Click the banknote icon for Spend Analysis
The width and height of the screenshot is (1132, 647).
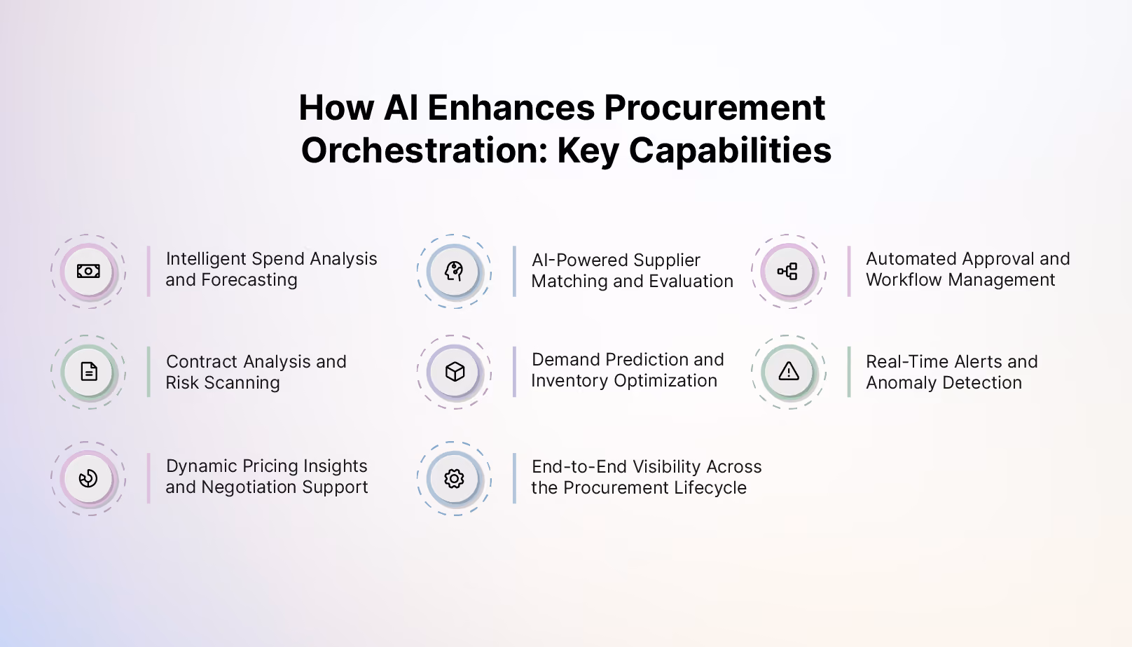pyautogui.click(x=88, y=271)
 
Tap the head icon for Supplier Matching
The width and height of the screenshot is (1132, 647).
pyautogui.click(x=454, y=271)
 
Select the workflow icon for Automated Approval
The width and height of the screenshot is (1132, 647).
pyautogui.click(x=787, y=271)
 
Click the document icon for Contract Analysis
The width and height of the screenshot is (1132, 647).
pyautogui.click(x=89, y=372)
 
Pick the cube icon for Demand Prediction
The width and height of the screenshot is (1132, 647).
pyautogui.click(x=455, y=372)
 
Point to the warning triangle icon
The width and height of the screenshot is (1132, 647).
pyautogui.click(x=788, y=371)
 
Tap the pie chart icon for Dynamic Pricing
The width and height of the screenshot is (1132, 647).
pyautogui.click(x=88, y=478)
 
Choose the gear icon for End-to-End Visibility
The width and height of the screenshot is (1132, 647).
pyautogui.click(x=454, y=478)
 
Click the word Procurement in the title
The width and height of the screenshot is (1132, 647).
pyautogui.click(x=715, y=108)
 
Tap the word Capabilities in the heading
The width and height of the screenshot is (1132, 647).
pyautogui.click(x=730, y=151)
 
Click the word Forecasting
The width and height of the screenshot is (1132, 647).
pyautogui.click(x=249, y=280)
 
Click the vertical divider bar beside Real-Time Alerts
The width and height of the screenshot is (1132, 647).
pyautogui.click(x=849, y=372)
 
